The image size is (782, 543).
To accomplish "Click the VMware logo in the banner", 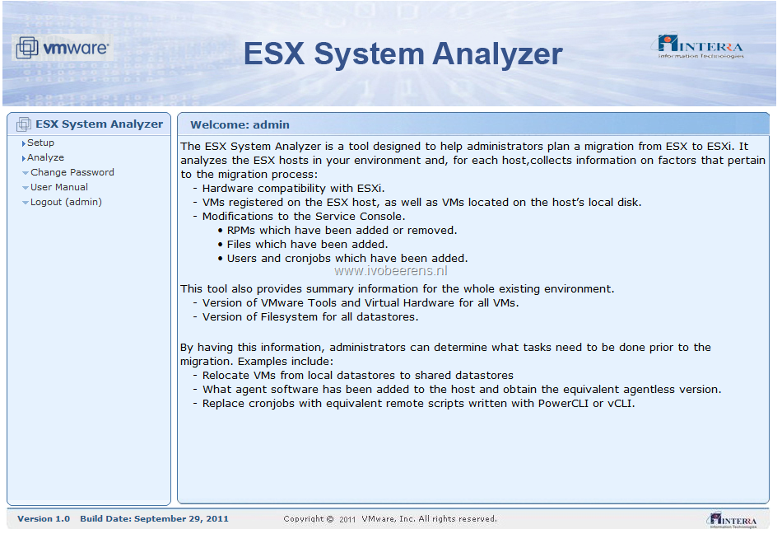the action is [x=63, y=48].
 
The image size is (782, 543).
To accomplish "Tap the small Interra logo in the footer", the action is [x=732, y=520].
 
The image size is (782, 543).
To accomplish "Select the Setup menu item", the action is [x=40, y=143].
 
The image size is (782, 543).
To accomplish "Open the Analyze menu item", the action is [x=45, y=157].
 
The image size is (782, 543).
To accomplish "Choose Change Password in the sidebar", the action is [x=72, y=172].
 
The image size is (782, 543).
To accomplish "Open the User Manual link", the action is [x=58, y=187].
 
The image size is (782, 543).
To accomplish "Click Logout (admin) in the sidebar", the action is [x=66, y=202].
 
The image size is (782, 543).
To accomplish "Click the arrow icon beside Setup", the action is [x=23, y=143].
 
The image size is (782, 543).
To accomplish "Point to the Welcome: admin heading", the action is [x=240, y=124].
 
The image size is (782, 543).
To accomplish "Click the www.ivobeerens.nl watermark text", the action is [x=390, y=271].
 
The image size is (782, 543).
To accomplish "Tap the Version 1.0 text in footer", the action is [x=44, y=519].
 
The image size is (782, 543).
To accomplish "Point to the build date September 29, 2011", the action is [x=181, y=519].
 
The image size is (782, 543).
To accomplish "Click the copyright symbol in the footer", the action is [x=329, y=519].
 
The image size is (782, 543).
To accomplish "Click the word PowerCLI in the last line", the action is [x=563, y=403].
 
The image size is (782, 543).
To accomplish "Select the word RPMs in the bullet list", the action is [x=241, y=231].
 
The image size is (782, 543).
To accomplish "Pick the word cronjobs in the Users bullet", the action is [x=308, y=259].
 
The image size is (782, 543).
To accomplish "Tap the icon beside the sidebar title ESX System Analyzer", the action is [x=23, y=124].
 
